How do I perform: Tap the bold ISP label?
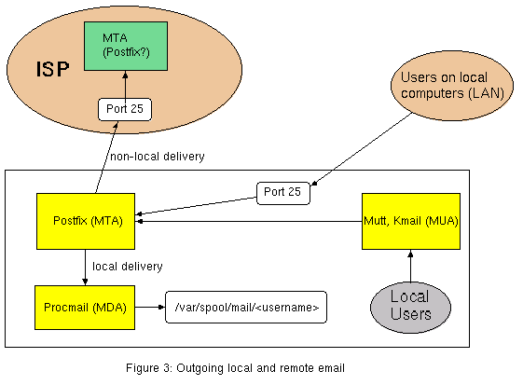click(x=54, y=69)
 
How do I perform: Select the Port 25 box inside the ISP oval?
click(x=124, y=108)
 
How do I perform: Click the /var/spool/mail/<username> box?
click(x=246, y=307)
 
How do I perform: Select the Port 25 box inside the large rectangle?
click(x=282, y=194)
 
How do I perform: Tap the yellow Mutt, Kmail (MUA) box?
click(x=411, y=221)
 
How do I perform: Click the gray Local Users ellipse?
click(x=409, y=307)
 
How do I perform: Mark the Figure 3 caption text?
click(x=235, y=367)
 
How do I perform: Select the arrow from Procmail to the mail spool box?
click(x=150, y=306)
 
